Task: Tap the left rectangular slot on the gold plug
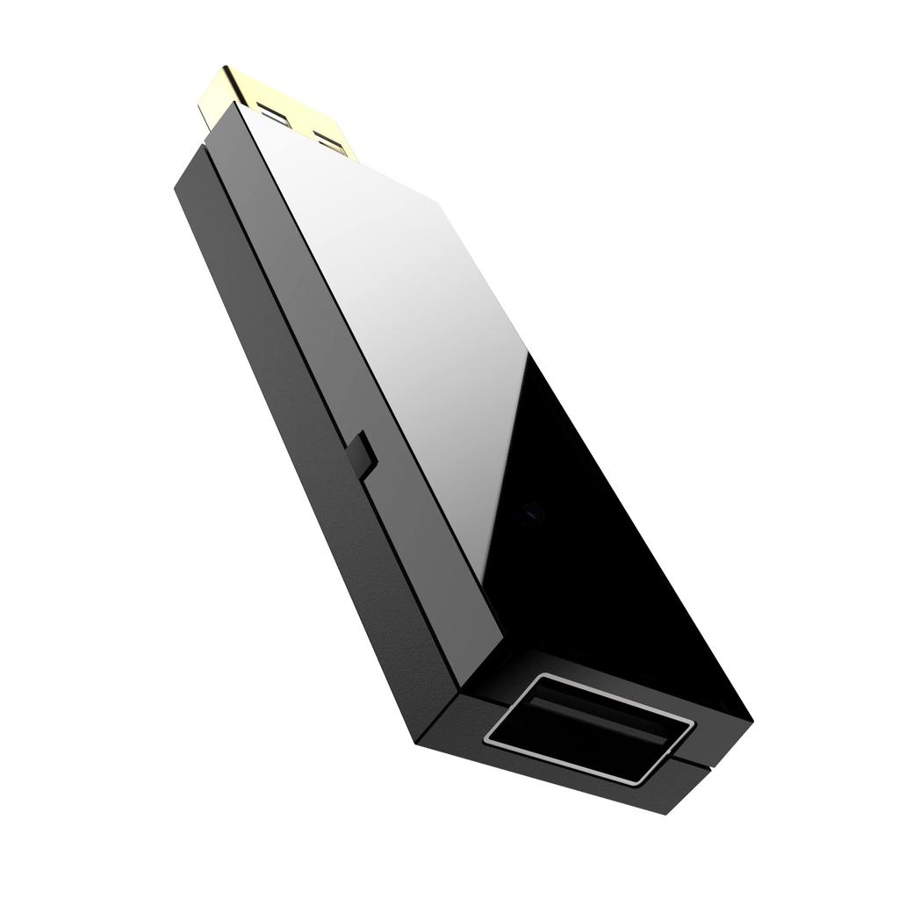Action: tap(270, 115)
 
